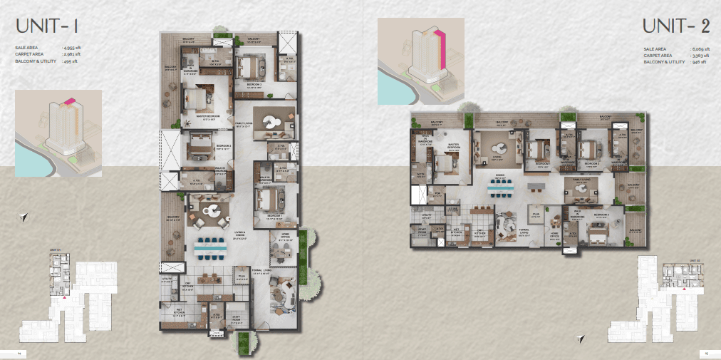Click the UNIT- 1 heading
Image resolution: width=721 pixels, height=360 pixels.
click(47, 27)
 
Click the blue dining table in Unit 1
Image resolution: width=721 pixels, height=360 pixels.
click(211, 247)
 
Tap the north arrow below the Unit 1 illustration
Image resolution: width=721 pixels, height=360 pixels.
click(24, 216)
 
